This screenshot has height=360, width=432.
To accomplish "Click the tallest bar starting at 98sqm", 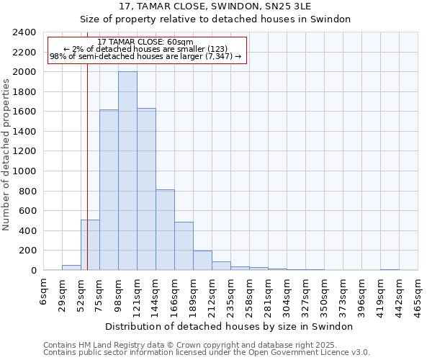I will (x=127, y=171).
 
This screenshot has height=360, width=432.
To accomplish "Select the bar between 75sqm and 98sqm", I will (x=109, y=190).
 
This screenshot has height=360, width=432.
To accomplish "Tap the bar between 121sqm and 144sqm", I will (x=146, y=189).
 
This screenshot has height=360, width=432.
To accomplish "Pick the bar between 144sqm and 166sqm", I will (x=165, y=230).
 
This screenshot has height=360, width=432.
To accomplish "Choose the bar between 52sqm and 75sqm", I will (x=90, y=245).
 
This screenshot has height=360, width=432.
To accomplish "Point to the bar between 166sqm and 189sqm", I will (x=184, y=246).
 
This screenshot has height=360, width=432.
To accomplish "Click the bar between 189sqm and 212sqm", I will (x=202, y=261).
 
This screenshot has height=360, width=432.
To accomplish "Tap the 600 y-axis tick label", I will (x=29, y=211).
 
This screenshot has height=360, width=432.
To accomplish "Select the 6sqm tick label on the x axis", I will (x=44, y=292).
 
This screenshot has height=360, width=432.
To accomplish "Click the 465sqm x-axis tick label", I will (x=418, y=294).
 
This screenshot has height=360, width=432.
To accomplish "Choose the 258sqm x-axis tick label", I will (x=250, y=294).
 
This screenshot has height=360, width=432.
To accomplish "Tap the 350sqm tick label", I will (x=325, y=294).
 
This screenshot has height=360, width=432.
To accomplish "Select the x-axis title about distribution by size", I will (x=230, y=326).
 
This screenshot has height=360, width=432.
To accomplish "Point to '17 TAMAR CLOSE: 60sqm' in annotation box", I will (x=145, y=42).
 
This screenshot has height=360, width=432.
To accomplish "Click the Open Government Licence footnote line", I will (x=207, y=353).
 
